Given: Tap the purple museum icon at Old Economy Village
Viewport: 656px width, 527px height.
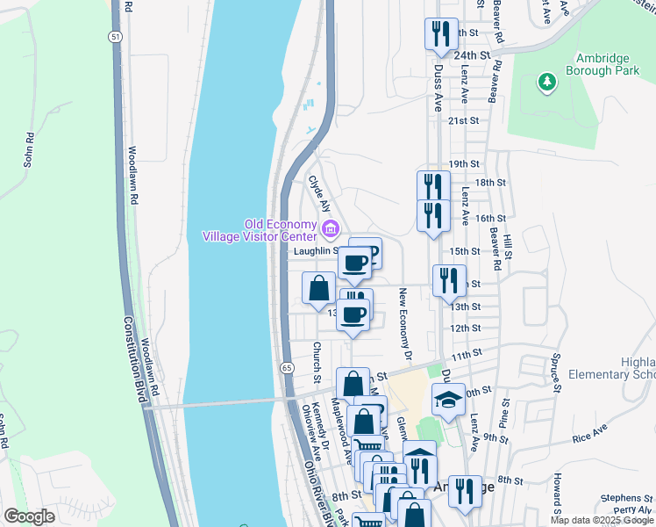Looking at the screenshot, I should [331, 230].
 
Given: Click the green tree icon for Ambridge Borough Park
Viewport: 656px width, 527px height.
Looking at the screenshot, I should [547, 82].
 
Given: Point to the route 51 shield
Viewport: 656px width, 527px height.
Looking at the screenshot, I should [116, 36].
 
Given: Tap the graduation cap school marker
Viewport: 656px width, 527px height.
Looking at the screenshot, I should [448, 399].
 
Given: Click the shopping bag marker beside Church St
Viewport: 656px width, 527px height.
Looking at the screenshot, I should [318, 287].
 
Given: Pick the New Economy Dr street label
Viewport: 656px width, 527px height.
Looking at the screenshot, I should [403, 325].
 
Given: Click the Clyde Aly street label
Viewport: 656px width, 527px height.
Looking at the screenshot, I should [319, 194].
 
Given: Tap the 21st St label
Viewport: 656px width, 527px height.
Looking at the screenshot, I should [464, 120].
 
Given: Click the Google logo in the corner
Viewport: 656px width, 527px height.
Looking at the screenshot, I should [29, 516].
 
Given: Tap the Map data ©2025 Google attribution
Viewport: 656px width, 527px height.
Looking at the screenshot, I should [602, 520].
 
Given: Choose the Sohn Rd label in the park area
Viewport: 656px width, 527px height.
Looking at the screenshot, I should [28, 149].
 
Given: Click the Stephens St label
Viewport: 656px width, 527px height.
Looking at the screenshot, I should [624, 498].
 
